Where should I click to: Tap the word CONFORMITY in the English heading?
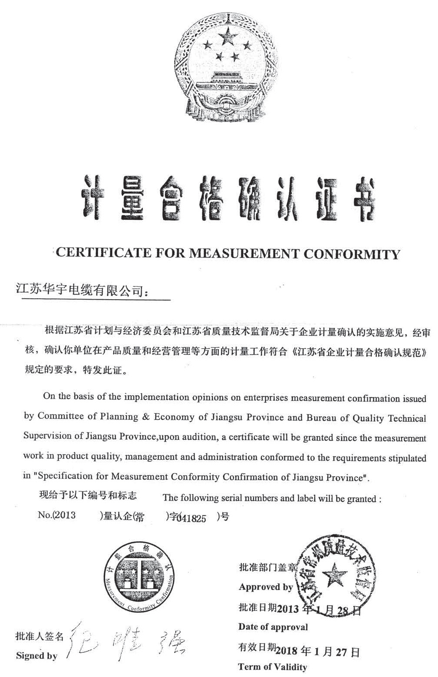351,254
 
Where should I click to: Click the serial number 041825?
191,518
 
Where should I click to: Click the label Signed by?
36,655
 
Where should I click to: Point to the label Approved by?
266,587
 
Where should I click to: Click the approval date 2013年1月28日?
318,609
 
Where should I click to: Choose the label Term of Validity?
272,667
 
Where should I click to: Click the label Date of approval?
273,627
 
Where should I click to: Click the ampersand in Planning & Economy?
146,417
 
